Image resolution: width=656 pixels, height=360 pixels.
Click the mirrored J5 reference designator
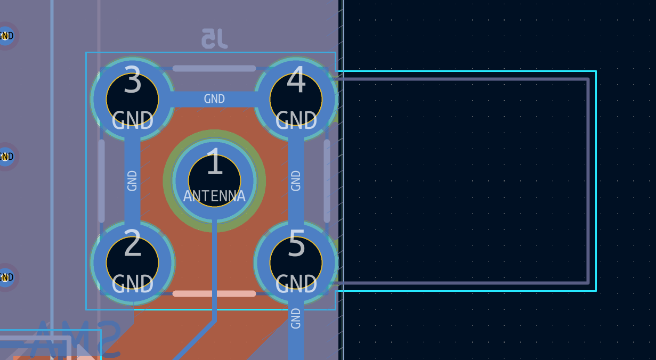coord(214,39)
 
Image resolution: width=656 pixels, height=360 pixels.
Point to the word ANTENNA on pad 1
coord(214,196)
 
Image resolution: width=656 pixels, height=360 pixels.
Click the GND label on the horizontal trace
coord(214,99)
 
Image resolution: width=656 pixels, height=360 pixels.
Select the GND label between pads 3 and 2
coord(132,181)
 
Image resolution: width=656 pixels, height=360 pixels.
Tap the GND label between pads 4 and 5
coord(296,181)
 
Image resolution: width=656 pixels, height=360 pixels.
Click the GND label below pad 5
coord(296,318)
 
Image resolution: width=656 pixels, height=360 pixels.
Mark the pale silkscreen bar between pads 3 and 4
coord(214,68)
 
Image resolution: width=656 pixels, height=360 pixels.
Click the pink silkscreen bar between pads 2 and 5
coord(214,293)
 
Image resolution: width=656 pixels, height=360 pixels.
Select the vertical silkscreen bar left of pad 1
coord(101,181)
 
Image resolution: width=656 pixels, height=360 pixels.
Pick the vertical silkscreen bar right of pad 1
coord(327,181)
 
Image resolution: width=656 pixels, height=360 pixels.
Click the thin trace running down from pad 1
coord(214,272)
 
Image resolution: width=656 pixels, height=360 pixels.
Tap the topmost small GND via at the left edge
coord(6,36)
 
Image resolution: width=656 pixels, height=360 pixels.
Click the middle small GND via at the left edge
coord(6,157)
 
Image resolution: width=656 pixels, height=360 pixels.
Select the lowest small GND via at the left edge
coord(6,277)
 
